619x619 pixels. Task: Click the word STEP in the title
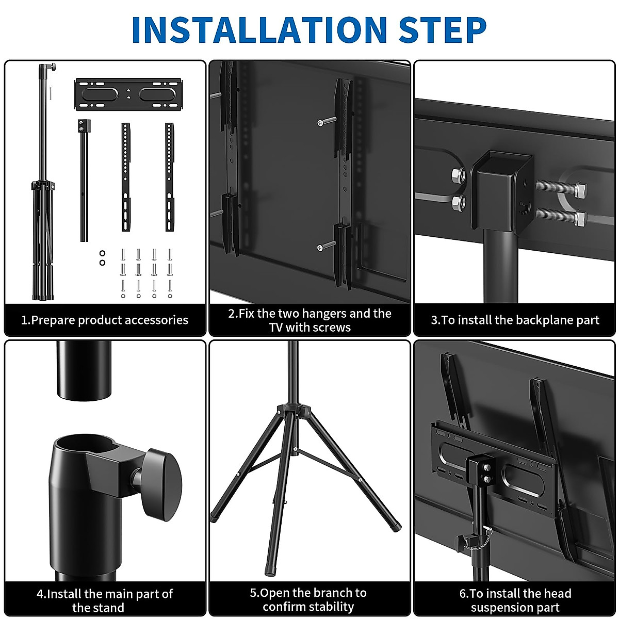click(x=442, y=29)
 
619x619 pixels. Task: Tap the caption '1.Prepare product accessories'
click(x=105, y=320)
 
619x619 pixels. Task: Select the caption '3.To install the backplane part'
click(x=515, y=320)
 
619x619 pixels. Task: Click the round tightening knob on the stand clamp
click(x=161, y=484)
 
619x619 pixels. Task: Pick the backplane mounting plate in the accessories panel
click(x=128, y=94)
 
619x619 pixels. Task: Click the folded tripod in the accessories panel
click(x=43, y=182)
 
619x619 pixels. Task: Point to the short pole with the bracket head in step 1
click(x=84, y=181)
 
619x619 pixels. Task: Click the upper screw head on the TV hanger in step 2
click(x=320, y=122)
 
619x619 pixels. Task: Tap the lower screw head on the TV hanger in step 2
click(x=320, y=248)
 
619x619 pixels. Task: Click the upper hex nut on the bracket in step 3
click(x=458, y=175)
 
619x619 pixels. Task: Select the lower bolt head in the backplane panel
click(x=581, y=218)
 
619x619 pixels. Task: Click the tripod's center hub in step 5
click(x=294, y=411)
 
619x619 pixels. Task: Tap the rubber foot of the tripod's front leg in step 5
click(x=271, y=569)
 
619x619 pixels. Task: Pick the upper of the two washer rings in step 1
click(x=103, y=253)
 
